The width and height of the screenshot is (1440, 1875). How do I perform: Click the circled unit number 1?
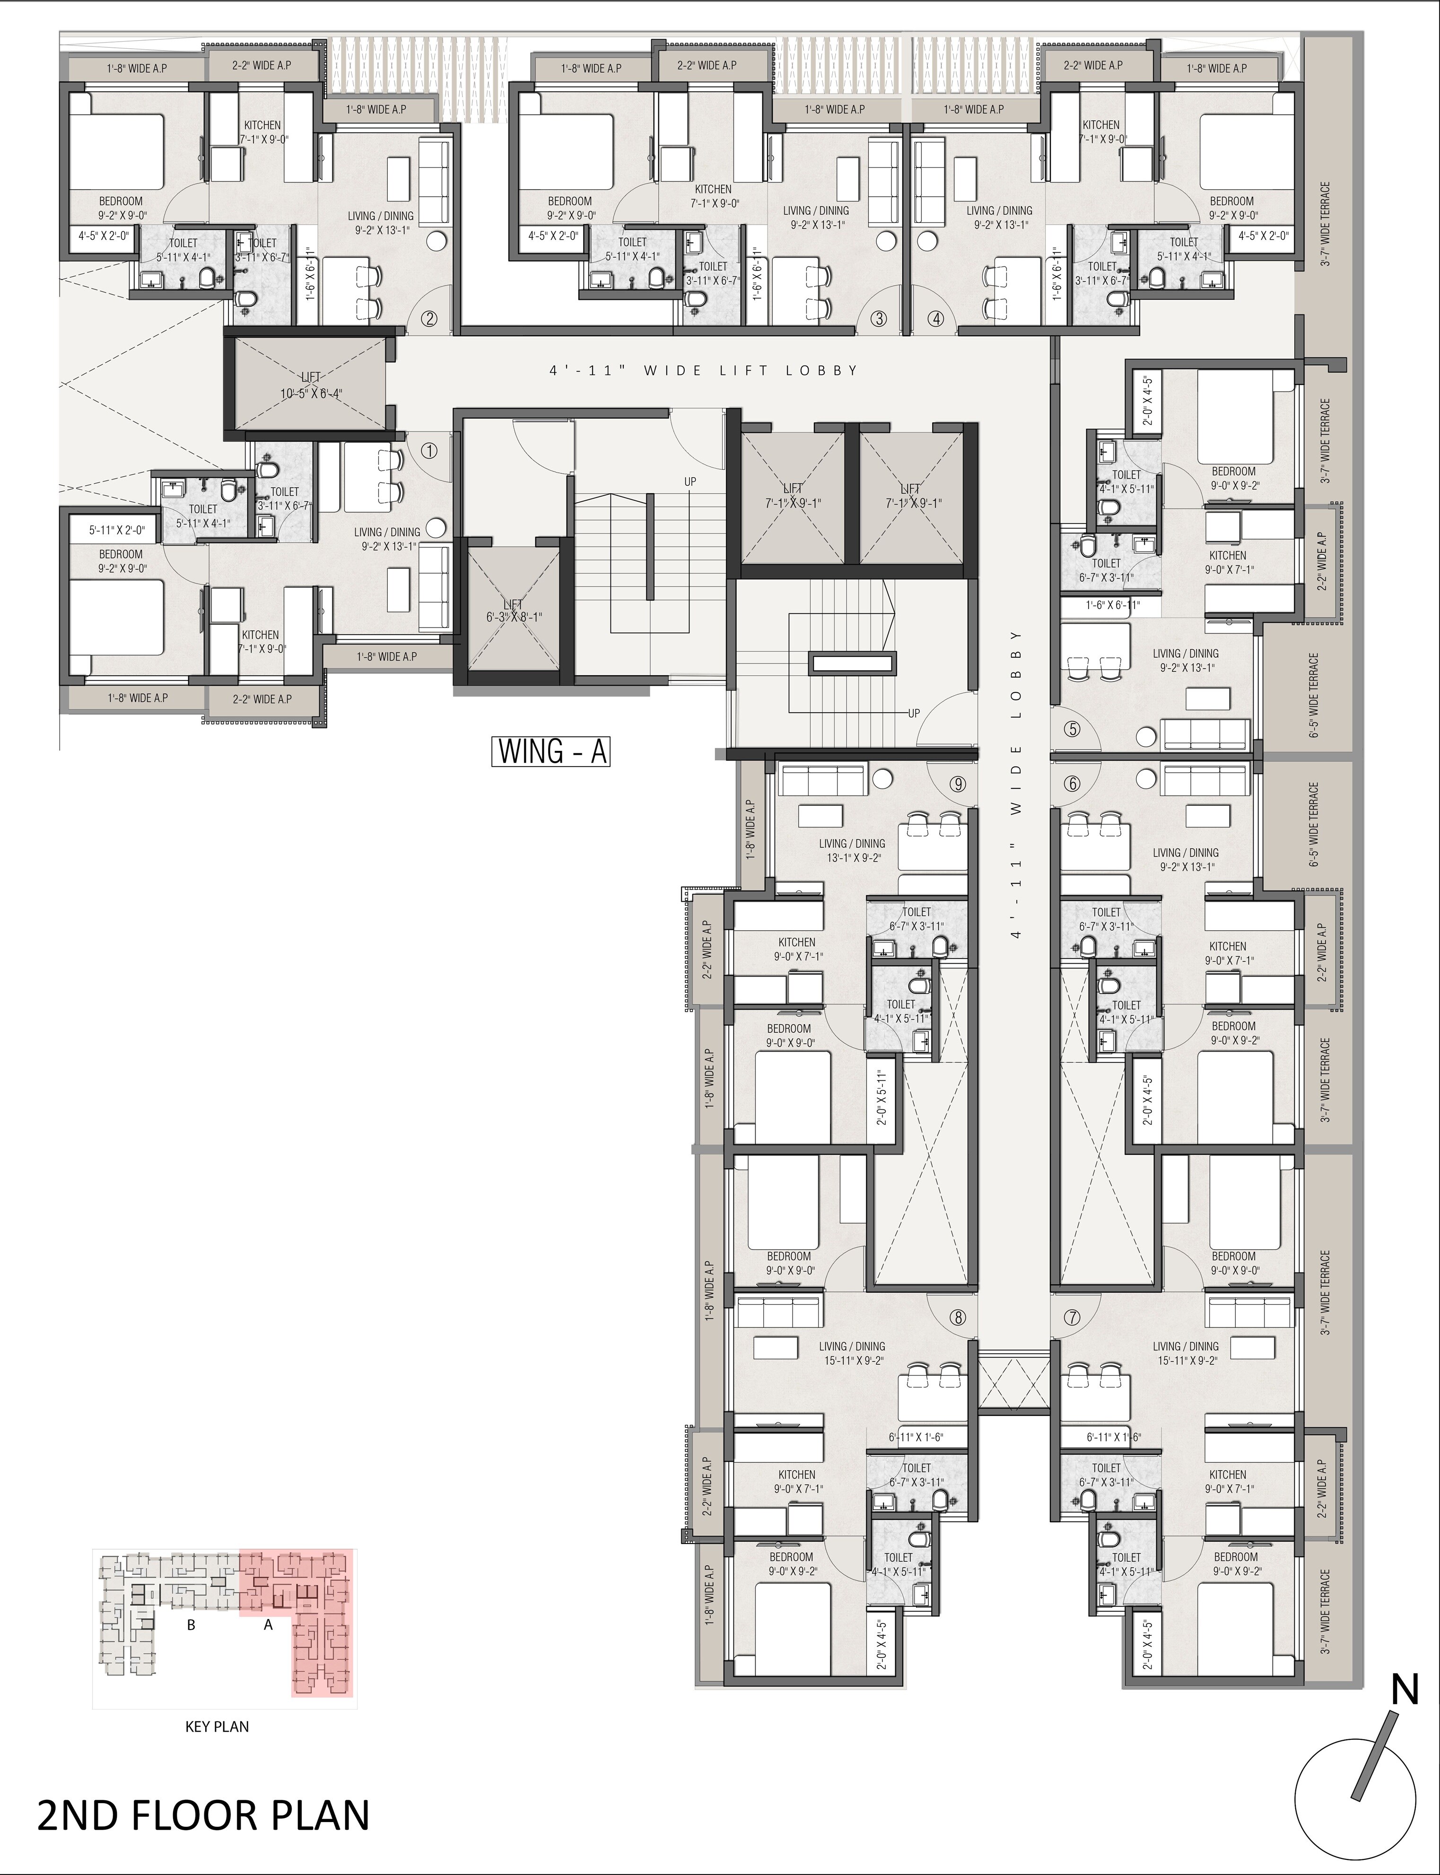point(429,450)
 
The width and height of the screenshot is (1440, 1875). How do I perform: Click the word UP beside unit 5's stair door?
point(914,713)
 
